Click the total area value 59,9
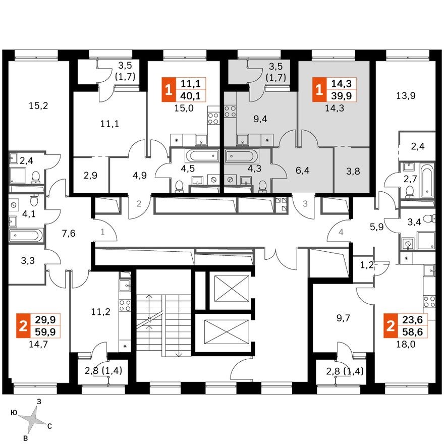tap(45, 332)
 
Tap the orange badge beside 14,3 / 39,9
tap(318, 90)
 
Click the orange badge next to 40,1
tap(168, 90)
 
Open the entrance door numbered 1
tap(102, 233)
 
